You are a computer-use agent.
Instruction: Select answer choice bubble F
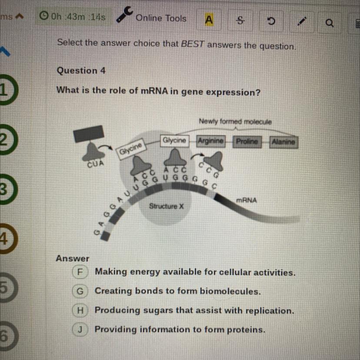pyautogui.click(x=80, y=272)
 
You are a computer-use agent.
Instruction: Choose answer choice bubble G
pyautogui.click(x=80, y=291)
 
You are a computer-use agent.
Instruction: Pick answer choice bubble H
pyautogui.click(x=80, y=310)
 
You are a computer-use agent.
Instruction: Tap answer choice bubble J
pyautogui.click(x=80, y=329)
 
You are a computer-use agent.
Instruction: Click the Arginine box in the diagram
pyautogui.click(x=211, y=141)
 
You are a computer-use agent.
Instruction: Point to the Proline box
pyautogui.click(x=247, y=142)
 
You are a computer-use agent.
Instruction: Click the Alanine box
pyautogui.click(x=283, y=142)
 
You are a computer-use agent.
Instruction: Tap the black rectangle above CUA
pyautogui.click(x=89, y=133)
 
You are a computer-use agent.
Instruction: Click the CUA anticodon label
pyautogui.click(x=95, y=164)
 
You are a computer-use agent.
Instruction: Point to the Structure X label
pyautogui.click(x=167, y=206)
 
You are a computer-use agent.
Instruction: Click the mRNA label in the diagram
pyautogui.click(x=247, y=200)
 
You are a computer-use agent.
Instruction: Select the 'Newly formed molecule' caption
pyautogui.click(x=235, y=122)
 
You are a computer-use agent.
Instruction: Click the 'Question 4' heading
pyautogui.click(x=81, y=70)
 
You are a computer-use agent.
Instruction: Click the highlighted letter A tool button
pyautogui.click(x=209, y=20)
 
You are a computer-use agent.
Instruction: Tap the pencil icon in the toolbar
pyautogui.click(x=300, y=21)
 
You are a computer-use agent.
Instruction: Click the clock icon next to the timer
pyautogui.click(x=43, y=17)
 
